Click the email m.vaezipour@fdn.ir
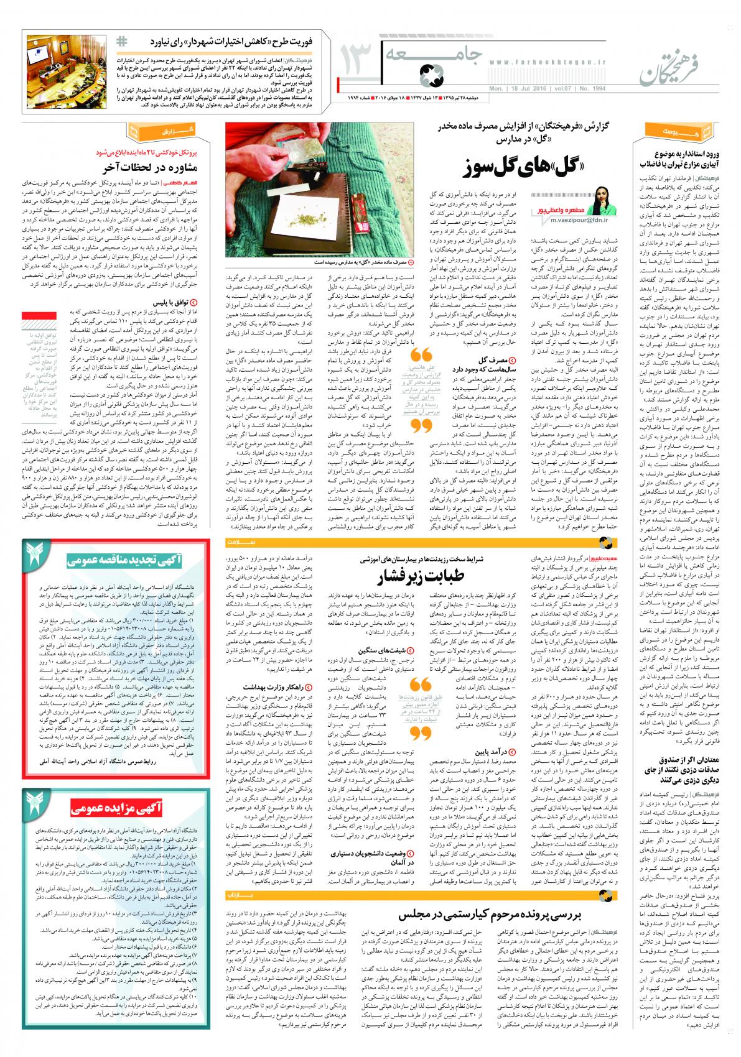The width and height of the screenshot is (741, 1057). point(570,219)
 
